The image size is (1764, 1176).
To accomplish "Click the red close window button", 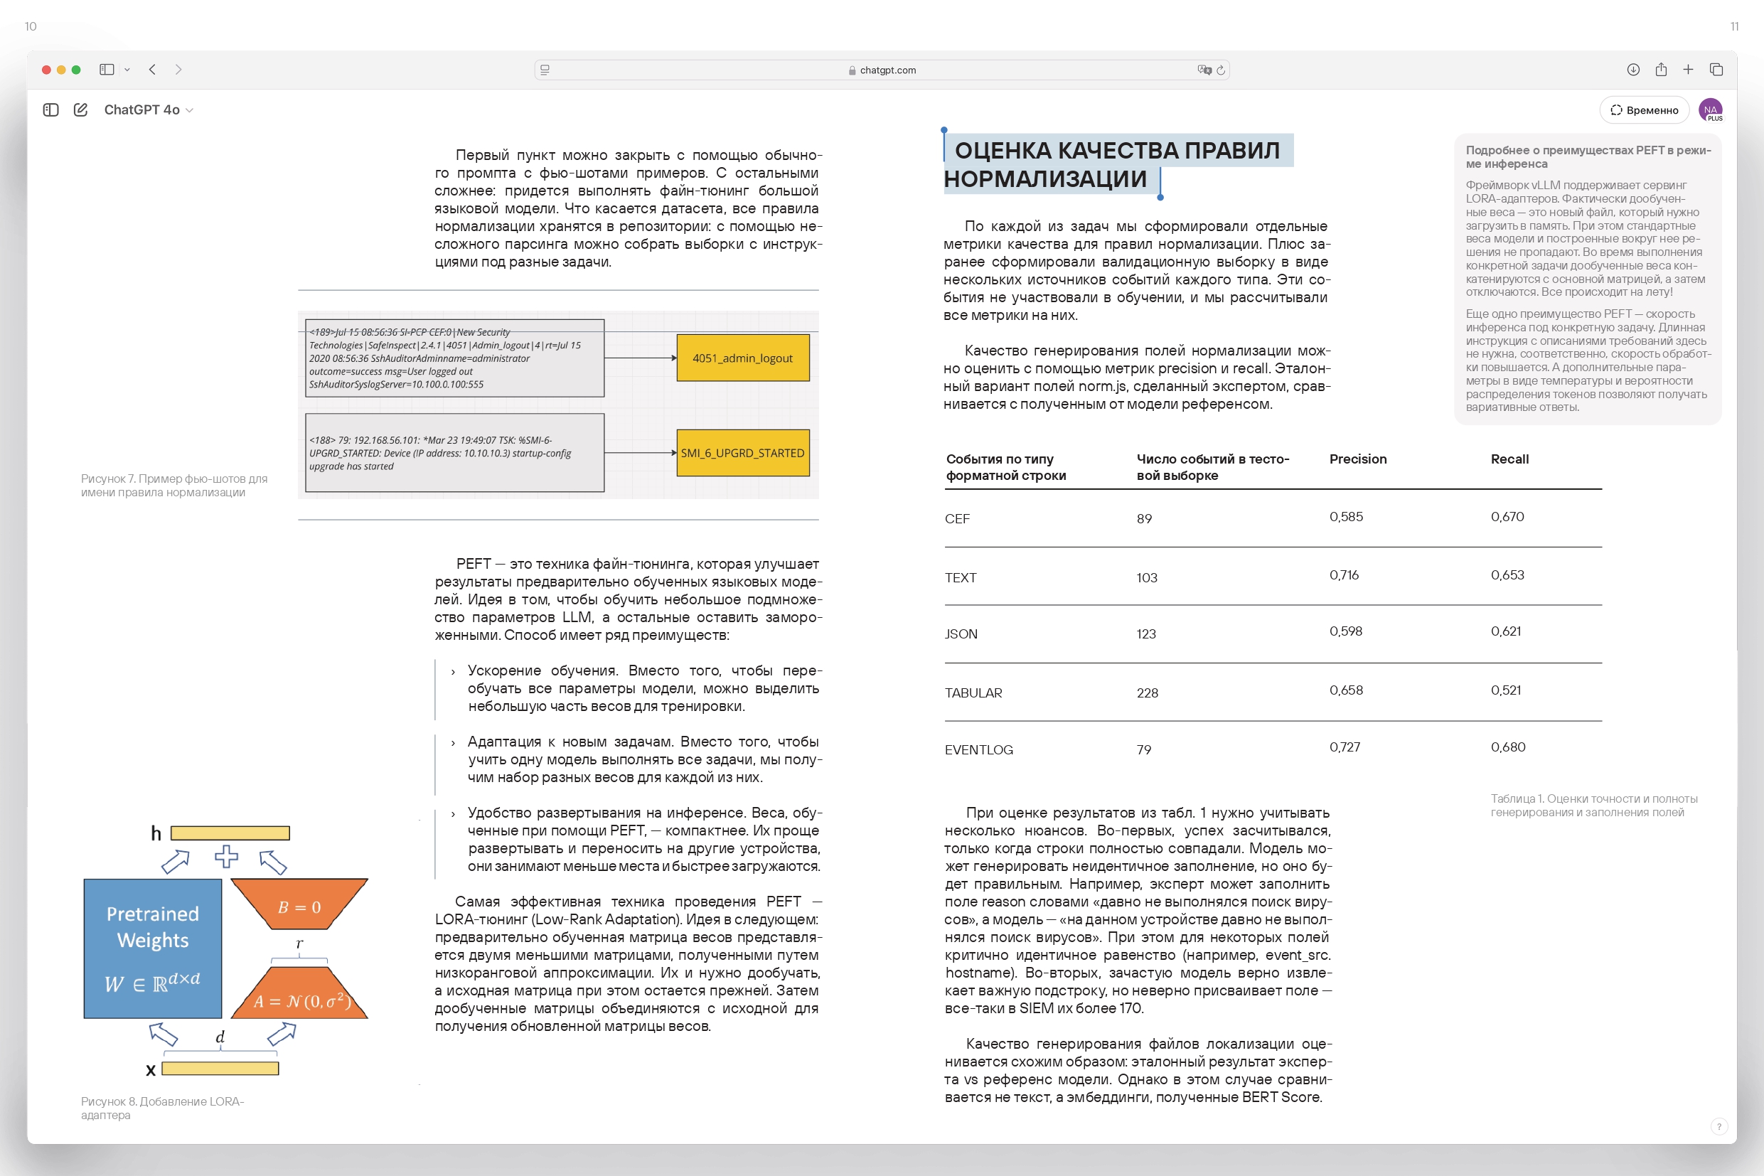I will click(x=46, y=70).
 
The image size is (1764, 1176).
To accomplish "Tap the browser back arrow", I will click(x=152, y=70).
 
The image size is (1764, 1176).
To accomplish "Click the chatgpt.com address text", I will click(x=887, y=70).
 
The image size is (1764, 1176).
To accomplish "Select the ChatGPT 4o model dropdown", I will click(x=149, y=110).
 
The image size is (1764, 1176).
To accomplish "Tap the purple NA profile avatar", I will click(x=1710, y=110).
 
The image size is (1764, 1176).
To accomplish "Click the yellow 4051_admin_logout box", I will click(x=742, y=358).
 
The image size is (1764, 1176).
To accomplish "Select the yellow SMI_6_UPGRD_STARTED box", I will click(x=742, y=453).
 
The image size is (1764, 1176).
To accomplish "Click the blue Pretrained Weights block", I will click(x=153, y=948).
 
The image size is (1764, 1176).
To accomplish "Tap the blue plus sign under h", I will click(x=226, y=857).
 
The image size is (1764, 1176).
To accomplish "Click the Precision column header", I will click(x=1357, y=459).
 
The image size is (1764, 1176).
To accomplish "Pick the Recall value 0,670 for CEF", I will click(x=1507, y=517).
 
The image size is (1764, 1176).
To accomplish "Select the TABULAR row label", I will click(x=973, y=693).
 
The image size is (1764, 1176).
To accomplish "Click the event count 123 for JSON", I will click(x=1146, y=634).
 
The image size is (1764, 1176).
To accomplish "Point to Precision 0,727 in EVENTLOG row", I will click(x=1345, y=747).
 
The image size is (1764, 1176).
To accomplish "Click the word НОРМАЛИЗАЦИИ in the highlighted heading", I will click(x=1044, y=179).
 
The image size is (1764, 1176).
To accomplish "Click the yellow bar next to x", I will click(x=220, y=1069).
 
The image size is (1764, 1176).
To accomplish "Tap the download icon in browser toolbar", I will click(x=1632, y=70).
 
